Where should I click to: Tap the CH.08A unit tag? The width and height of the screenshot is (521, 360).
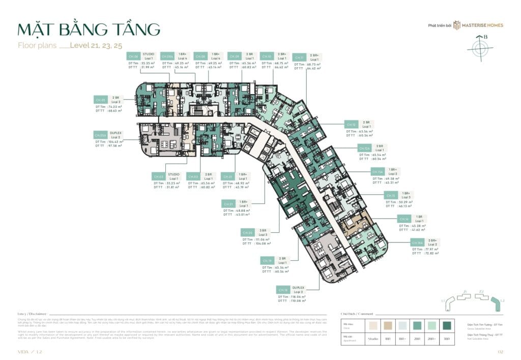pos(167,57)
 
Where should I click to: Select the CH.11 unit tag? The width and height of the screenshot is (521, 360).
pos(300,58)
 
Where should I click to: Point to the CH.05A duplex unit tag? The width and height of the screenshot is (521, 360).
pos(100,135)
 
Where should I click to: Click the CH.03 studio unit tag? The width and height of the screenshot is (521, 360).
pos(159,176)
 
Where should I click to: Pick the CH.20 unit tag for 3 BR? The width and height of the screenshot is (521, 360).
pos(248,232)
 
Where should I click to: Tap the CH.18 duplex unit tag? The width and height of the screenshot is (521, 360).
pos(283,289)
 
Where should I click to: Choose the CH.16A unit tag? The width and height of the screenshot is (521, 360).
pos(417,243)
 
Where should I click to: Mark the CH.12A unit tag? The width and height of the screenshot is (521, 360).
pos(364,148)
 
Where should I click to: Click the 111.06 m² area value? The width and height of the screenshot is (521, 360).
pos(263,239)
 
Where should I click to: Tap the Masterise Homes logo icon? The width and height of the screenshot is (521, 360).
pos(457,25)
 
